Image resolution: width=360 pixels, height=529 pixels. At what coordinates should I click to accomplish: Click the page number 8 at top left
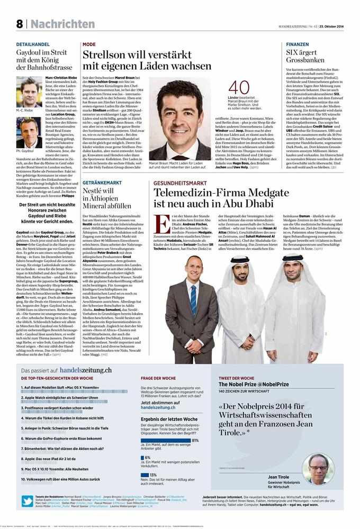20,24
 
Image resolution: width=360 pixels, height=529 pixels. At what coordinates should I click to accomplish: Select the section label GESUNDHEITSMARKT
180,182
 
